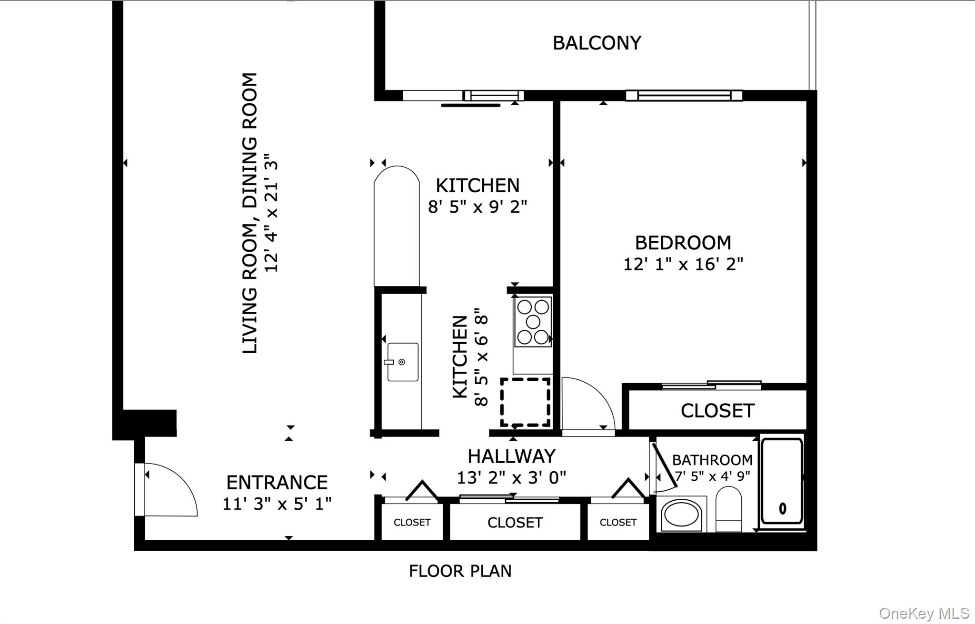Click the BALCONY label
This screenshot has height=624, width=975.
pyautogui.click(x=597, y=43)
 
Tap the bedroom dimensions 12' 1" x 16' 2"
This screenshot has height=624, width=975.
pyautogui.click(x=683, y=264)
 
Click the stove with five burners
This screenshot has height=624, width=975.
pyautogui.click(x=533, y=322)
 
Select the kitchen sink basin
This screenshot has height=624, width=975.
pyautogui.click(x=403, y=362)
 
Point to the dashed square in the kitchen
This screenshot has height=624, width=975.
pyautogui.click(x=525, y=402)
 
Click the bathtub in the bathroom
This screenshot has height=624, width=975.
pyautogui.click(x=781, y=481)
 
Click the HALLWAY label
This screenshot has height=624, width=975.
pyautogui.click(x=511, y=456)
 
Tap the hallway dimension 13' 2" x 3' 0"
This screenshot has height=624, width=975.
pyautogui.click(x=511, y=477)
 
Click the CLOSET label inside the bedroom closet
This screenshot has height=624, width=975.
pyautogui.click(x=717, y=411)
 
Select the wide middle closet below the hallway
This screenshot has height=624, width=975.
pyautogui.click(x=515, y=523)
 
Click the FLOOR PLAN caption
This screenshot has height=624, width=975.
pyautogui.click(x=460, y=571)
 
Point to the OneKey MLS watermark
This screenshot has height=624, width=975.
pyautogui.click(x=924, y=613)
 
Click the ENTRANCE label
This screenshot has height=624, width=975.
pyautogui.click(x=277, y=483)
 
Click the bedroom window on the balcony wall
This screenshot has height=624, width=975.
pyautogui.click(x=684, y=96)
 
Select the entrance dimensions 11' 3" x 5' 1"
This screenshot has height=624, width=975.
pyautogui.click(x=277, y=504)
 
